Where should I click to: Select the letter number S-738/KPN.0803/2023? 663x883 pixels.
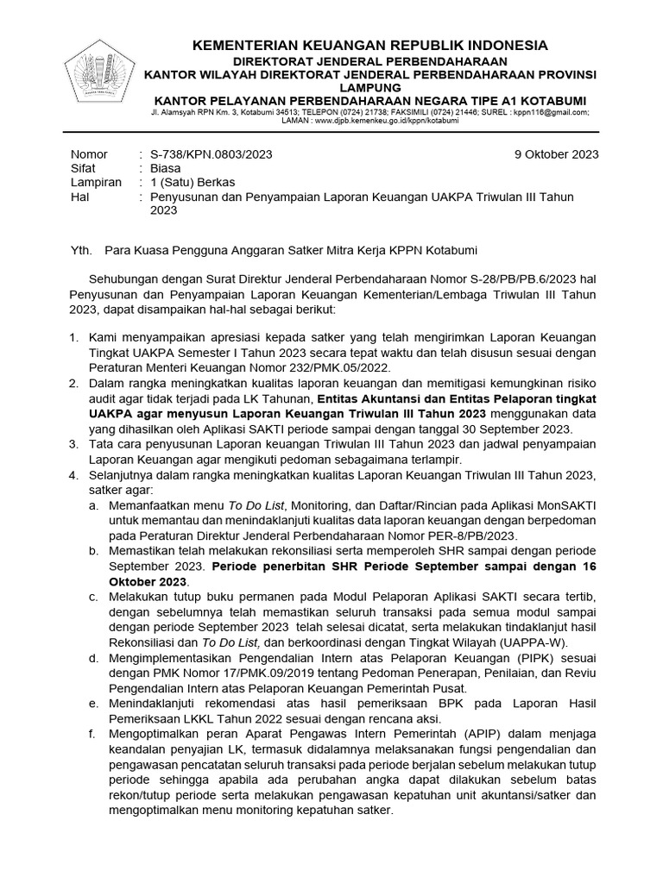pos(211,154)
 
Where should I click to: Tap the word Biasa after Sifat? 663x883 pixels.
pos(166,168)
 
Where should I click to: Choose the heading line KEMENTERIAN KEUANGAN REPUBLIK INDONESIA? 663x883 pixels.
pos(369,45)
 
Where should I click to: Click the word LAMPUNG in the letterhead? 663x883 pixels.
pos(369,88)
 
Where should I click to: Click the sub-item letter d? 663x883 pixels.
pos(92,657)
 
